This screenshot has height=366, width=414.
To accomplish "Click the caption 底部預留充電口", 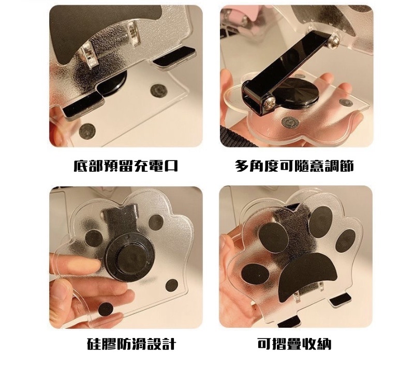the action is (126, 166).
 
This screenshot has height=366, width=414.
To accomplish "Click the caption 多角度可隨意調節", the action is (294, 166).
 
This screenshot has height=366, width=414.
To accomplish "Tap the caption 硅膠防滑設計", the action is (131, 344).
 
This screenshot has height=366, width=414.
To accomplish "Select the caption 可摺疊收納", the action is (294, 344).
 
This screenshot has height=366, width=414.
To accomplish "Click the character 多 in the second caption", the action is (242, 166).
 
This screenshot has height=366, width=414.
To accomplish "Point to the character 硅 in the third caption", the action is (94, 344).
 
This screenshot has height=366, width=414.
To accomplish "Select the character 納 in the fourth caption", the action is (324, 344).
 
